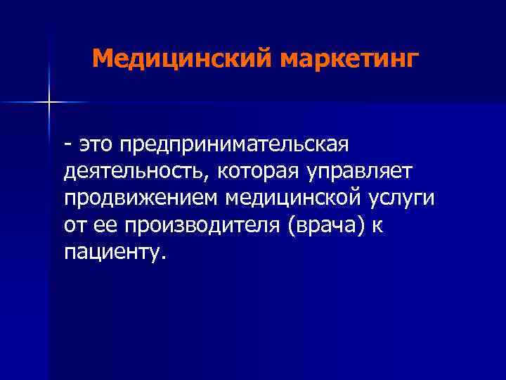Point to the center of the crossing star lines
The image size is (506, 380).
pyautogui.click(x=49, y=103)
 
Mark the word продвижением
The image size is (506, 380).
pyautogui.click(x=141, y=198)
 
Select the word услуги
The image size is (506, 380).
pyautogui.click(x=403, y=198)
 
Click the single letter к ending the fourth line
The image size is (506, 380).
pyautogui.click(x=380, y=224)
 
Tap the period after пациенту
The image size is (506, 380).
pyautogui.click(x=164, y=257)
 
